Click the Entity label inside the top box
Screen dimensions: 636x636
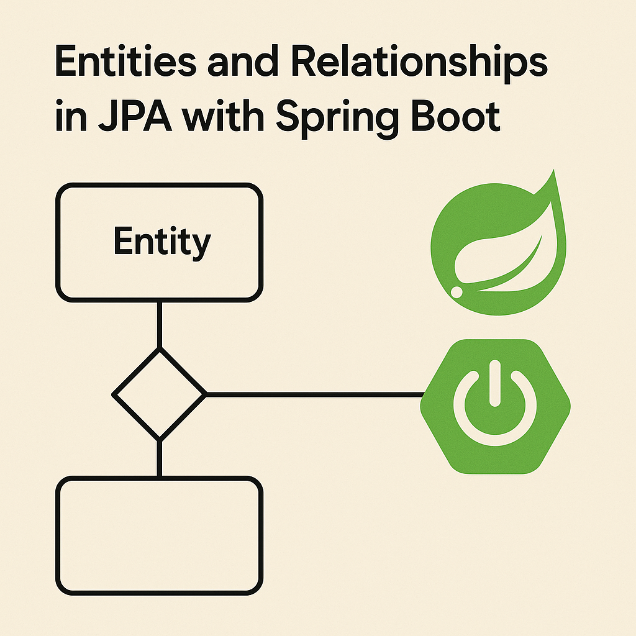161,243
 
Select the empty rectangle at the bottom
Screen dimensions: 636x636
160,535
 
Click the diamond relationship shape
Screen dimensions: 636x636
160,394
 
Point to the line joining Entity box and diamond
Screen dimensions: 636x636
160,324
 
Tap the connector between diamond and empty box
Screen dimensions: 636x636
160,458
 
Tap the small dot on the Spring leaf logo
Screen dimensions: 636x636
457,291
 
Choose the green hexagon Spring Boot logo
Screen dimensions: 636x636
495,407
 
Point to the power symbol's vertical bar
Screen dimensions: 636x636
495,385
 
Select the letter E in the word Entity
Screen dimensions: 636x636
122,242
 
